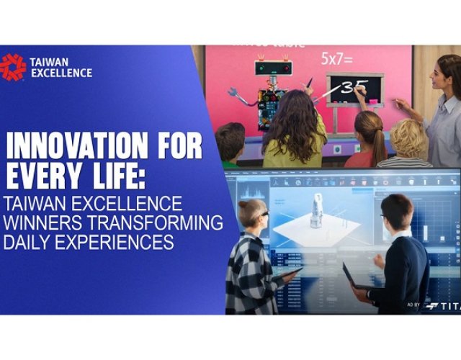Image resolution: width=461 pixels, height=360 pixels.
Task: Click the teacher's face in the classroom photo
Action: [x=447, y=73]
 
